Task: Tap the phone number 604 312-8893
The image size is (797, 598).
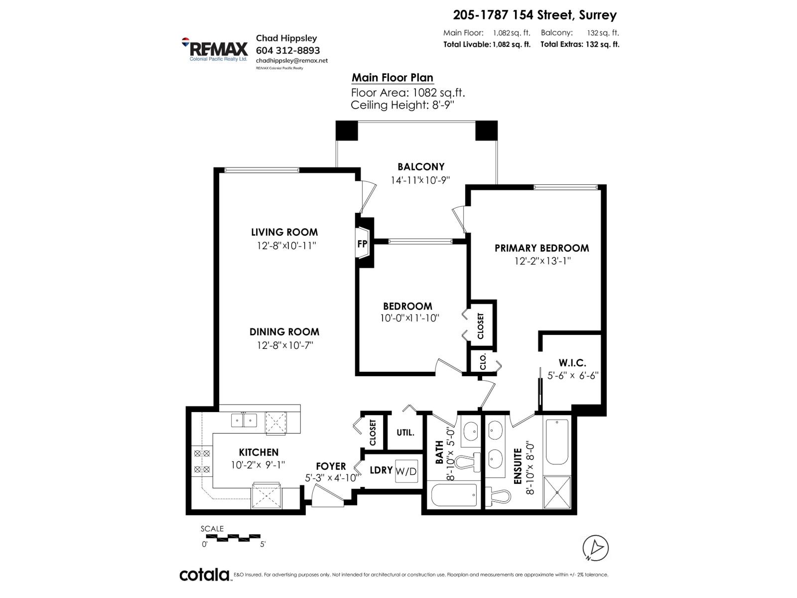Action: (287, 50)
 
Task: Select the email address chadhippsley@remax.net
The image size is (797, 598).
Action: (291, 60)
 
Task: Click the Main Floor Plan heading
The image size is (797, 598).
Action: (392, 78)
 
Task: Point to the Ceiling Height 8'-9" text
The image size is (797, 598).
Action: (402, 105)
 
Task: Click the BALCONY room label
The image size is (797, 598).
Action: (420, 167)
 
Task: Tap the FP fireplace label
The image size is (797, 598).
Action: (362, 244)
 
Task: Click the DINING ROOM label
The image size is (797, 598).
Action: (284, 332)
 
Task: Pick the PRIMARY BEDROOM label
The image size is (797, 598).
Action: (541, 248)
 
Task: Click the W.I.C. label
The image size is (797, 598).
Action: (572, 363)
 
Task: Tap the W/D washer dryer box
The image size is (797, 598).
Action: (406, 471)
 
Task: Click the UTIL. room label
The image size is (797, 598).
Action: (405, 433)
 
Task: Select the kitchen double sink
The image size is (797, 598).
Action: (244, 421)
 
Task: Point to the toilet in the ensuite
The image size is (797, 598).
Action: (498, 495)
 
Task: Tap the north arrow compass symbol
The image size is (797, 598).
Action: (595, 548)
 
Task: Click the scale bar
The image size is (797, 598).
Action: (233, 538)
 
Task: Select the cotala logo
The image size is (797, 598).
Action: (204, 575)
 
